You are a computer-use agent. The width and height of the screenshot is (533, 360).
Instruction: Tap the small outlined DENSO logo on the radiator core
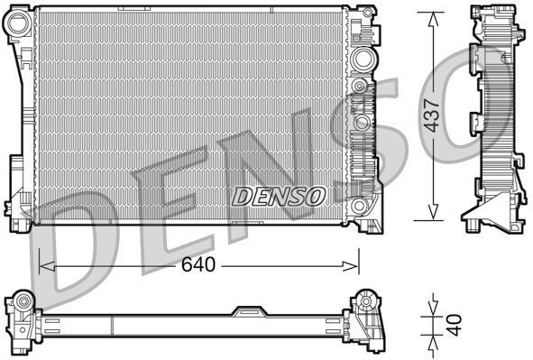click(x=279, y=195)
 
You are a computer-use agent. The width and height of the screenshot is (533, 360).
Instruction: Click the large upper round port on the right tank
click(x=363, y=60)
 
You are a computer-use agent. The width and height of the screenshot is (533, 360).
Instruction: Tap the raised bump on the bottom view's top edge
click(x=247, y=309)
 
